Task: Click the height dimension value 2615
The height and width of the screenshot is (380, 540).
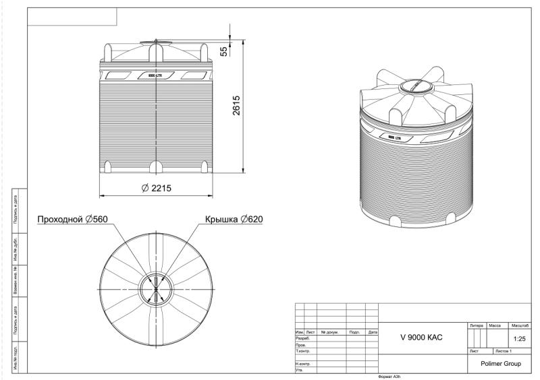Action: coord(238,104)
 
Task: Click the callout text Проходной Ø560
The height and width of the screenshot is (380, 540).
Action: coord(73,219)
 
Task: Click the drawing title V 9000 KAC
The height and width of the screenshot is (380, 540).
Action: coord(421,337)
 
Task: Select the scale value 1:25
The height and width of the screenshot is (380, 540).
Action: coord(520,338)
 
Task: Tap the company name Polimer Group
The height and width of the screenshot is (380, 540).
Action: coord(500,363)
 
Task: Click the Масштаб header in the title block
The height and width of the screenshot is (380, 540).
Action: coord(520,325)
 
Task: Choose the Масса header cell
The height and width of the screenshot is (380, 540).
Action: coord(497,325)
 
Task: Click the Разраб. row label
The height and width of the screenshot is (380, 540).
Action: coord(302,338)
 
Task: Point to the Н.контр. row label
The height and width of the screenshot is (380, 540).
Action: coord(302,363)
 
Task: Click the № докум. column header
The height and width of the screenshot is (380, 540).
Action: coord(330,332)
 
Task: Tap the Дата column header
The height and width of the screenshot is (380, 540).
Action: coord(372,332)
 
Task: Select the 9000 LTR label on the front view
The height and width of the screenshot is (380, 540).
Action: coord(156,75)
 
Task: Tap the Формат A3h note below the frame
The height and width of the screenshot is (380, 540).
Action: coord(391,376)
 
